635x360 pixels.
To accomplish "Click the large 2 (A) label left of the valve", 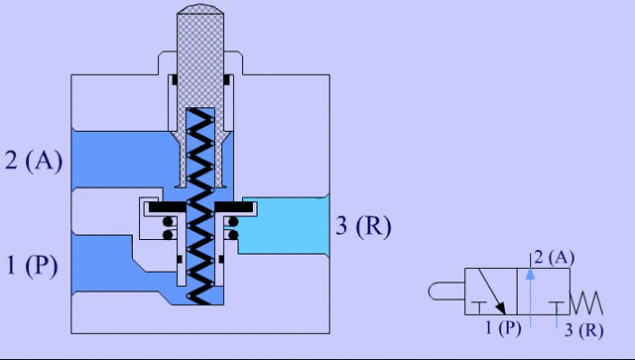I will click(34, 161).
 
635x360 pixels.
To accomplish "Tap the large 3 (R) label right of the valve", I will click(363, 227).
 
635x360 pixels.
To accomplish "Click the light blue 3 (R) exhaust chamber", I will click(288, 223).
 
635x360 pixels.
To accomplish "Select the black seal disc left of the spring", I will click(166, 206).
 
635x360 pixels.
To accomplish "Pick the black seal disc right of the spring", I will click(239, 206).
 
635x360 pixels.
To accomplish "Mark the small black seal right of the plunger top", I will click(232, 80).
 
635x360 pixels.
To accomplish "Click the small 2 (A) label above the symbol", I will click(553, 258).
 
